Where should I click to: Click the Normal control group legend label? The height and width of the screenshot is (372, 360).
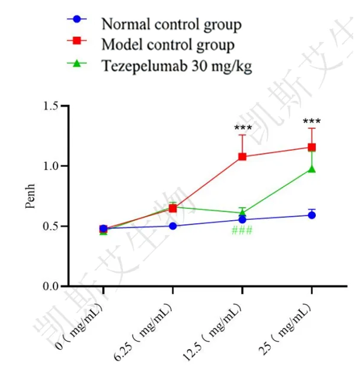coord(171,24)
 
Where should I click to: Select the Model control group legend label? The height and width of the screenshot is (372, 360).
coord(168,44)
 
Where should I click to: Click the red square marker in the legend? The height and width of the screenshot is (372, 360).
coord(78,41)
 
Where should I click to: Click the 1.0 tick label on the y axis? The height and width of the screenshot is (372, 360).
coord(51,166)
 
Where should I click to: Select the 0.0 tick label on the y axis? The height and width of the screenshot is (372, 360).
coord(51,287)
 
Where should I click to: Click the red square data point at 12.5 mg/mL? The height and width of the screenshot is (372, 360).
coord(242,157)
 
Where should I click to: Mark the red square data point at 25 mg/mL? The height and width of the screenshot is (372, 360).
coord(312,148)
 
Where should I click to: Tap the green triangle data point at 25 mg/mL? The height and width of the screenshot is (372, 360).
coord(312,169)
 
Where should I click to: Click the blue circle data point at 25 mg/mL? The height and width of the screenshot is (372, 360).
coord(312,215)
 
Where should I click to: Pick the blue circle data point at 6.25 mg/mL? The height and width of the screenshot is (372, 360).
coord(173,226)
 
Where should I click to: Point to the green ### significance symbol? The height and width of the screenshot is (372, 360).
coord(242,230)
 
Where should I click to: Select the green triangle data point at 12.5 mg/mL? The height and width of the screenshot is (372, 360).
coord(242,212)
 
